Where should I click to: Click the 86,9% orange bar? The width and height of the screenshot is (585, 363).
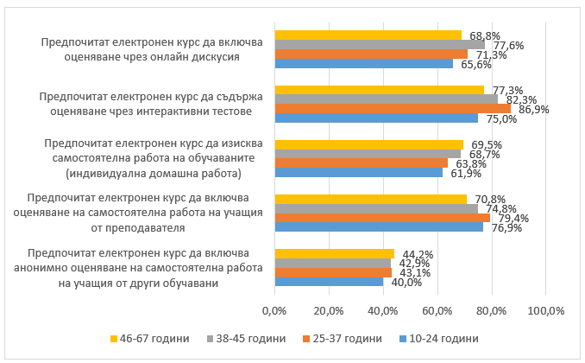tap(393, 108)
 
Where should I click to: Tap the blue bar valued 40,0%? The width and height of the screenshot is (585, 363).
tap(329, 282)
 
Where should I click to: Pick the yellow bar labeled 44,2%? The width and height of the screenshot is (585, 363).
tap(334, 253)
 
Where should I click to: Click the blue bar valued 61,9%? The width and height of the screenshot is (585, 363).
tap(358, 172)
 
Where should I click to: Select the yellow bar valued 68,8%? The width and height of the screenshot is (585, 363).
tap(368, 35)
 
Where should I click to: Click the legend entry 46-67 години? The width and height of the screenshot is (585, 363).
tap(148, 338)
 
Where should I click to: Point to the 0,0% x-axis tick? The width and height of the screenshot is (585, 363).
tap(274, 309)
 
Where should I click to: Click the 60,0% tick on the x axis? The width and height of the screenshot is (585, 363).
tap(437, 309)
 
